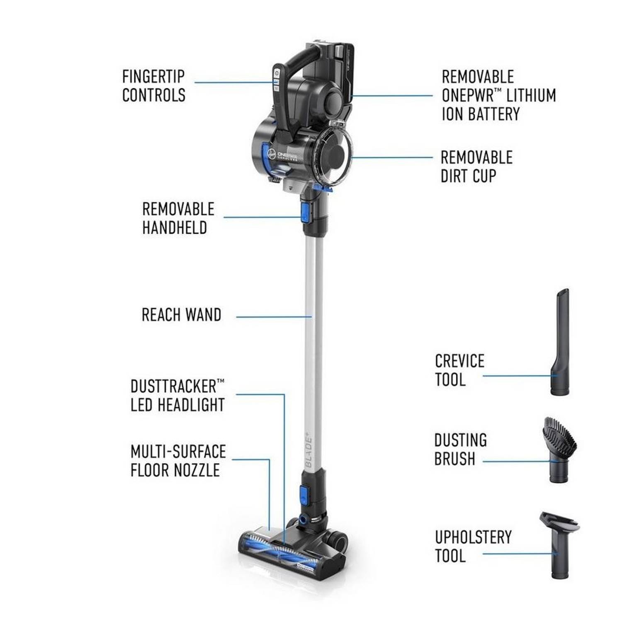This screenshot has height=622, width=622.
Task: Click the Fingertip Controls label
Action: pos(153,86)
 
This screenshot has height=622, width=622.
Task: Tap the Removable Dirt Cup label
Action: pos(476,167)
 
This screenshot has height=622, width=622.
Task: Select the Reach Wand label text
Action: pos(181,315)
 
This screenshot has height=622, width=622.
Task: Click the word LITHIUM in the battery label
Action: pos(531,95)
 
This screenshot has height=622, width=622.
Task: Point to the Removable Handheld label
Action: pos(178,219)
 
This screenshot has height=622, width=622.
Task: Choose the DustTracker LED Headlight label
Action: pos(177,396)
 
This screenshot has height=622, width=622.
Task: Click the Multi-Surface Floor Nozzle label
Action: pos(178,461)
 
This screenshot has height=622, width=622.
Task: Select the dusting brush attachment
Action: pos(560,448)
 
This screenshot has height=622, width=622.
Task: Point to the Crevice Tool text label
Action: pos(459,370)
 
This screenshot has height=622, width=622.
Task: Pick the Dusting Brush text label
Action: pos(460,449)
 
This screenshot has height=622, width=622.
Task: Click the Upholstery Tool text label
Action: pos(473,547)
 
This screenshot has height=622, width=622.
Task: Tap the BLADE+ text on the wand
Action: pos(309,452)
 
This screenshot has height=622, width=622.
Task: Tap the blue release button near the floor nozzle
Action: pos(304,495)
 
